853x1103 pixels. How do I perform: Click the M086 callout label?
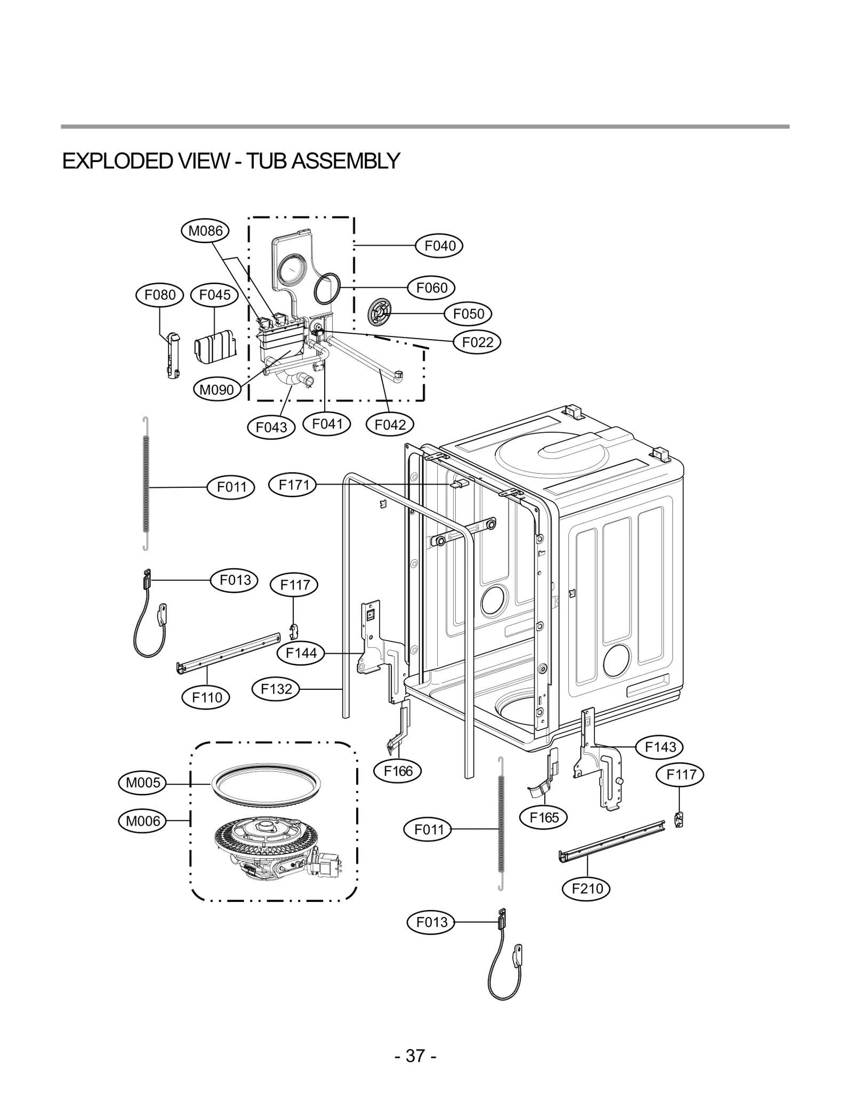tap(206, 231)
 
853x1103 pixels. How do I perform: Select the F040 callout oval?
tap(439, 246)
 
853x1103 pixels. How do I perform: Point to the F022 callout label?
tap(477, 342)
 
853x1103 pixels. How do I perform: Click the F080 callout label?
tap(160, 295)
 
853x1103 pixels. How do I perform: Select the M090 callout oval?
tap(216, 390)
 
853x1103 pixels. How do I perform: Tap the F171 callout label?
tap(293, 485)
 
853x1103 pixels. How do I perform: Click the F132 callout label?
tap(276, 689)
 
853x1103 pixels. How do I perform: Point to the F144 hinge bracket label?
tap(301, 653)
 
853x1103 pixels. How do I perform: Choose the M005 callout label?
tap(142, 783)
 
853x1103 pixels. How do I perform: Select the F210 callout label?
tap(587, 889)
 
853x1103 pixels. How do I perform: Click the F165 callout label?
tap(544, 817)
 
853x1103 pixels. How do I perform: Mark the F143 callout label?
tap(660, 747)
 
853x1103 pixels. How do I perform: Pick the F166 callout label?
tap(398, 771)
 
